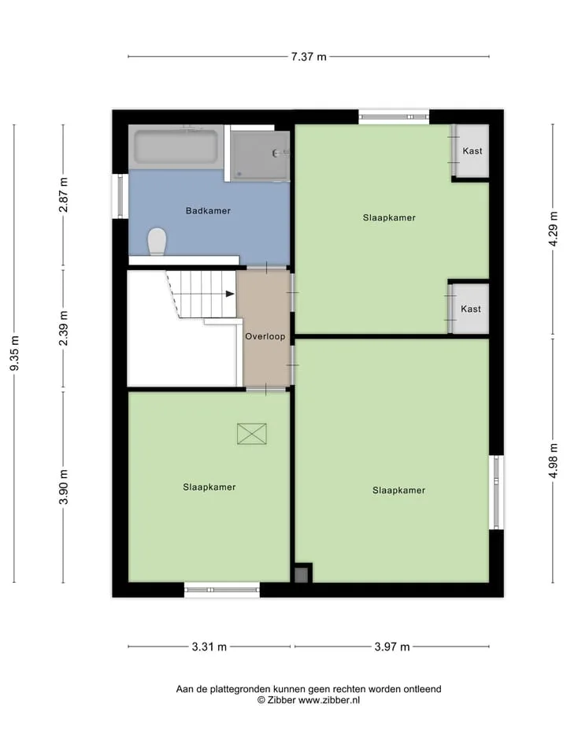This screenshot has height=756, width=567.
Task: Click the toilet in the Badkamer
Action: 157,242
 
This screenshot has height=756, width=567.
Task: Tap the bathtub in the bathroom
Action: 176,146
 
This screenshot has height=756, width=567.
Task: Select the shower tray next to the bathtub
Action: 260,156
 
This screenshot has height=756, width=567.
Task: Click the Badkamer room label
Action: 208,211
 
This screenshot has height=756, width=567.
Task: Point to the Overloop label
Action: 265,336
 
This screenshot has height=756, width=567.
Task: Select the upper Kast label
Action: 472,151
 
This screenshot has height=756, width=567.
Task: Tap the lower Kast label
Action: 471,309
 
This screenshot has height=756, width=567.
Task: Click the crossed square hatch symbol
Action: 252,433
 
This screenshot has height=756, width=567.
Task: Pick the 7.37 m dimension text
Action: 309,57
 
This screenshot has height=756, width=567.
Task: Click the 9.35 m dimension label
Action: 14,354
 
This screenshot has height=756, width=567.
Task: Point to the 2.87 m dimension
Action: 63,195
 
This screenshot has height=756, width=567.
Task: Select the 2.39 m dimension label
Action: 63,328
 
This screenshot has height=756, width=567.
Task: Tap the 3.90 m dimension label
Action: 63,487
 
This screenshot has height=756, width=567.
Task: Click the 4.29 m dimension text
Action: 553,229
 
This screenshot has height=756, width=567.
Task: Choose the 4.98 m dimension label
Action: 553,461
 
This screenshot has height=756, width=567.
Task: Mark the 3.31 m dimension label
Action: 209,647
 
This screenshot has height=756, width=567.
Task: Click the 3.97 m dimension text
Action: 392,647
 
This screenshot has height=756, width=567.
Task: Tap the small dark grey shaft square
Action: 301,575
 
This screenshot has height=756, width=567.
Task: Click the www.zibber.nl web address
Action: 329,700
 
